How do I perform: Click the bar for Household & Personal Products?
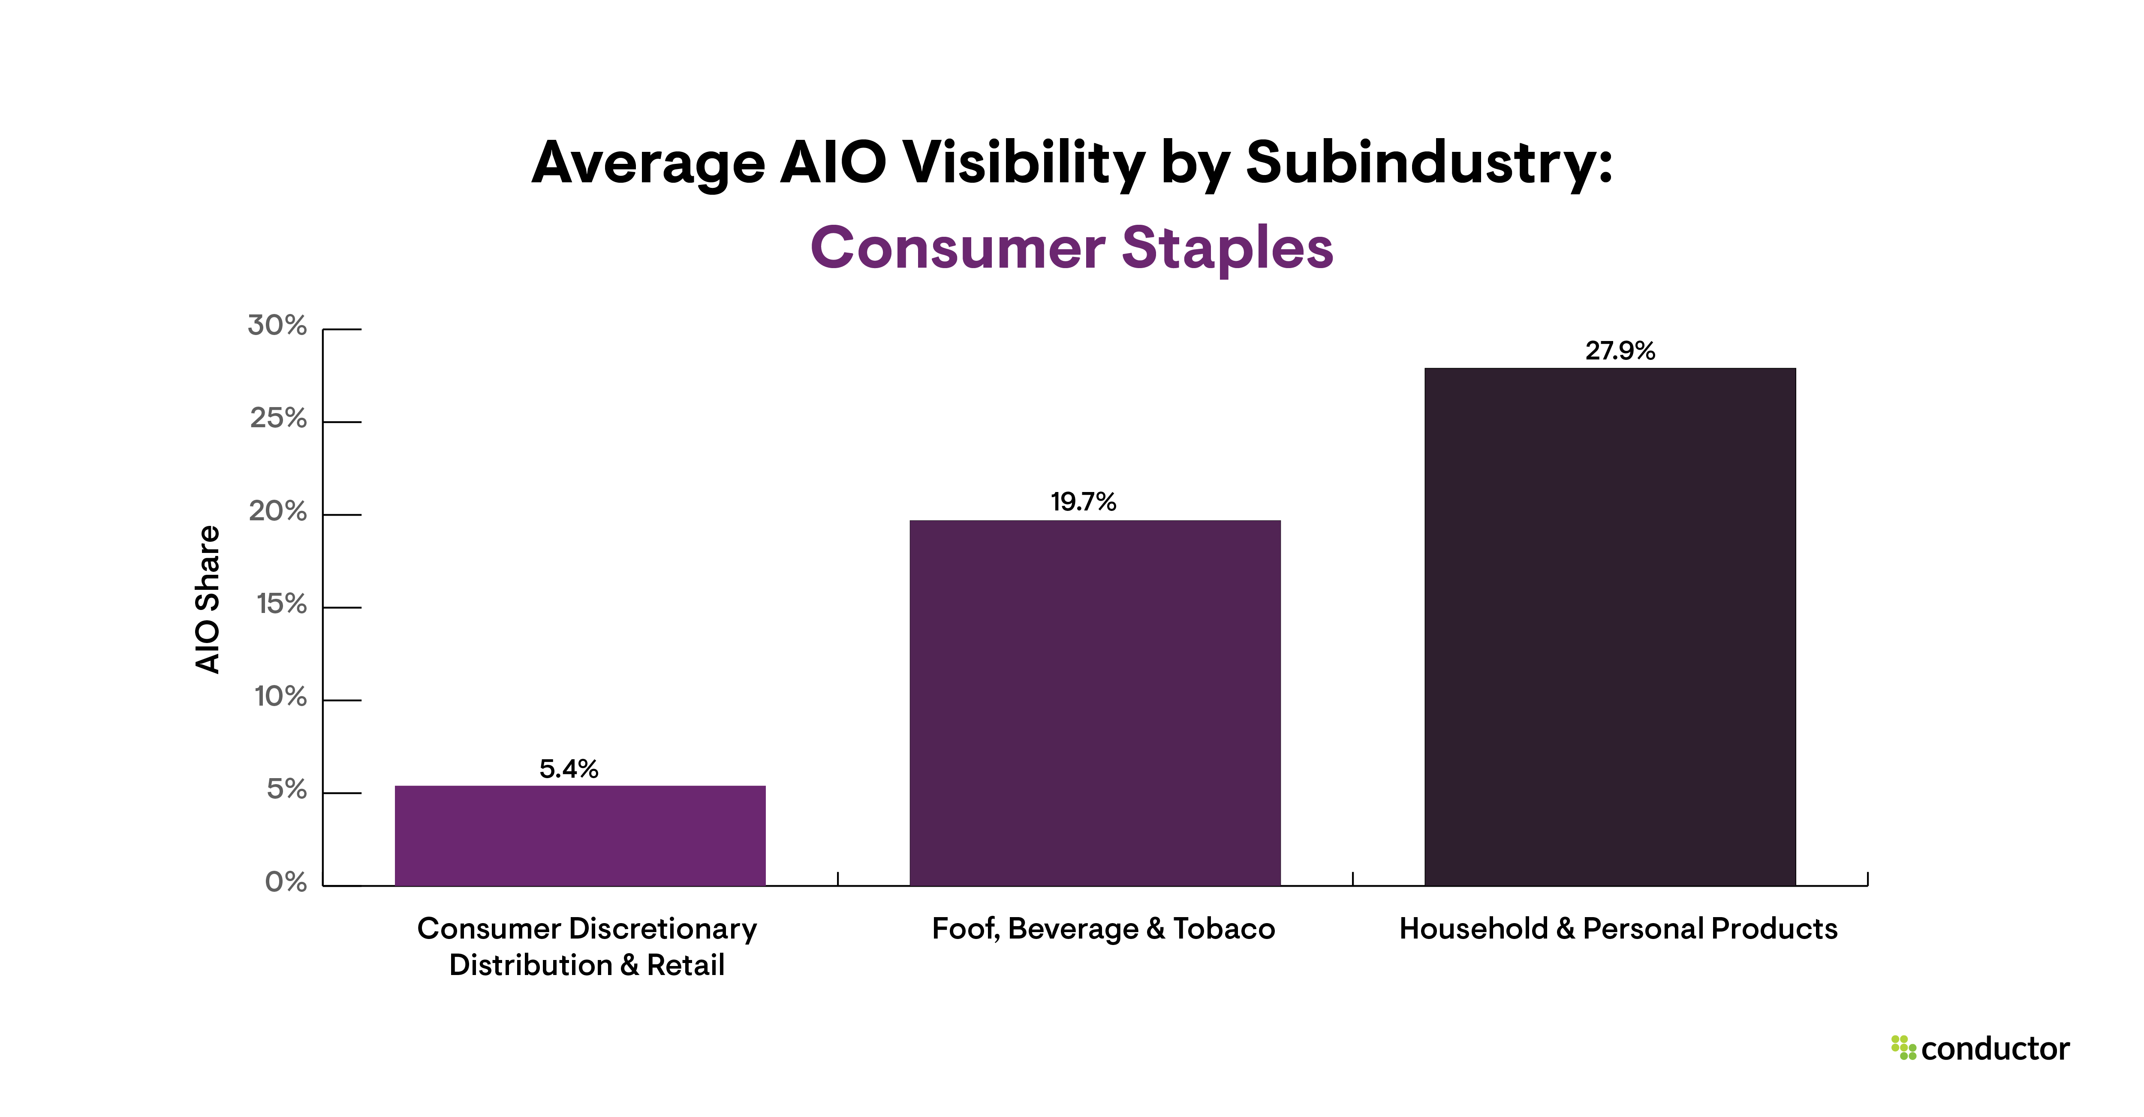pyautogui.click(x=1610, y=626)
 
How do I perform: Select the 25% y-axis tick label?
pyautogui.click(x=278, y=418)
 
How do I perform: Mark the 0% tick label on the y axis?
pyautogui.click(x=286, y=882)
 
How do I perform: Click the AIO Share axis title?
pyautogui.click(x=207, y=599)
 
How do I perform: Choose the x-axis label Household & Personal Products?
pyautogui.click(x=1618, y=928)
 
